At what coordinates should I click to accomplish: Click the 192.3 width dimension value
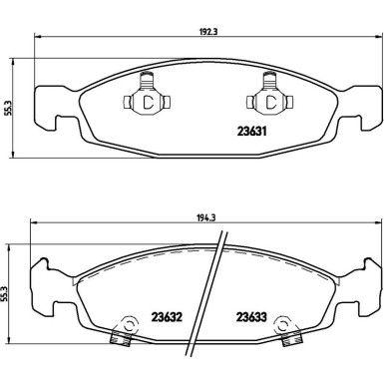[x=205, y=31]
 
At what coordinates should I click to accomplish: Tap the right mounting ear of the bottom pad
[x=365, y=290]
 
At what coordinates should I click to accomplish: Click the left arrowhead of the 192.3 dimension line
[x=38, y=38]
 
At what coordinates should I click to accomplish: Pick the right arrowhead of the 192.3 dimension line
[x=376, y=38]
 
